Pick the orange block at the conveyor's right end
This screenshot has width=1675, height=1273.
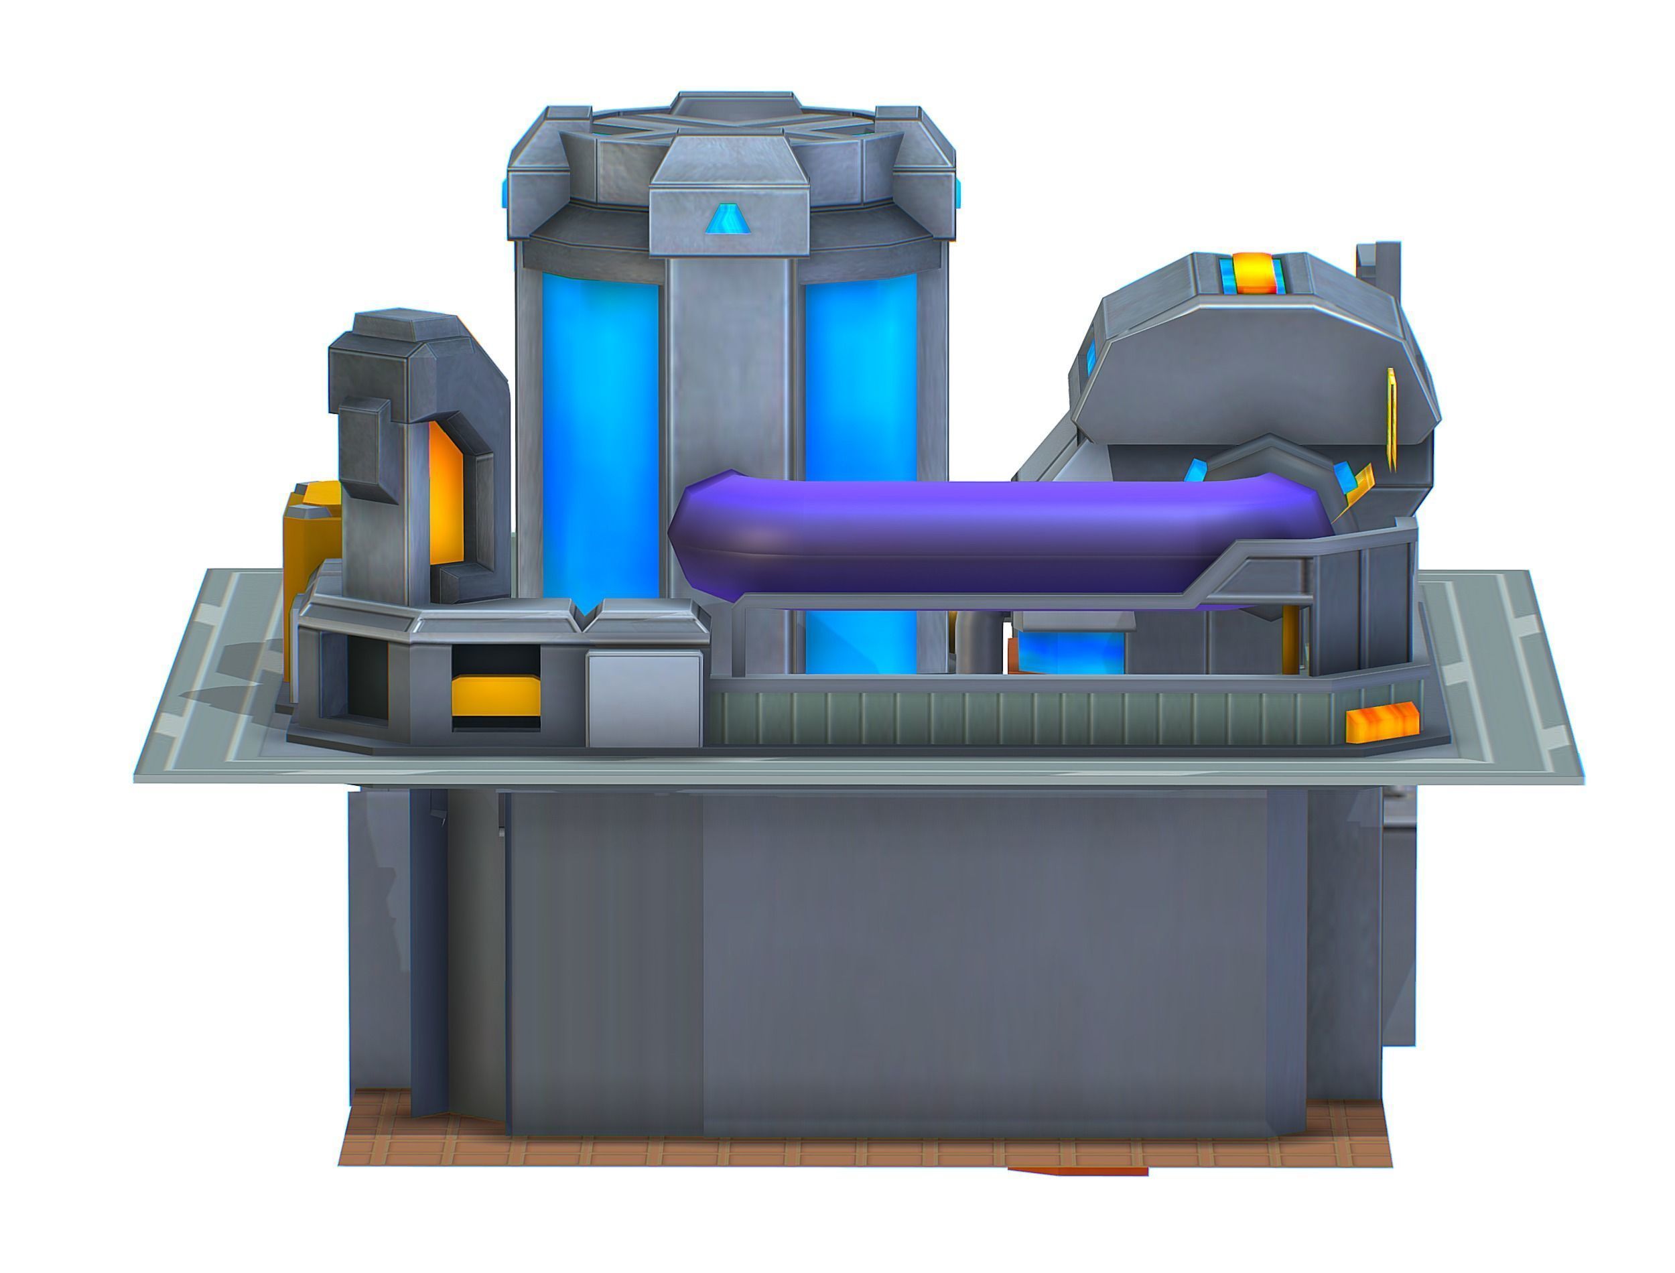click(1381, 722)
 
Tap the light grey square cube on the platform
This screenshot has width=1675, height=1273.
click(643, 699)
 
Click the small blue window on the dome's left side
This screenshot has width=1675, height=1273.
click(1091, 358)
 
